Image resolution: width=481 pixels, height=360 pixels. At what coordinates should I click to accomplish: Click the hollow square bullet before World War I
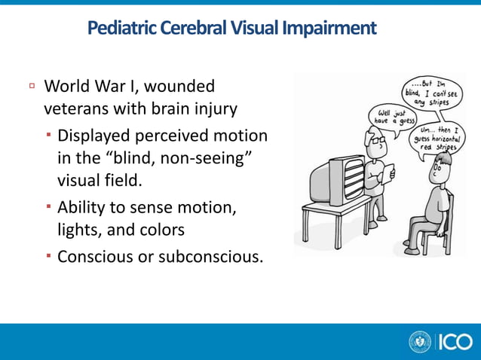[32, 87]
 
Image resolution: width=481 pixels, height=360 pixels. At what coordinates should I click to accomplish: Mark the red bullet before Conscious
[49, 257]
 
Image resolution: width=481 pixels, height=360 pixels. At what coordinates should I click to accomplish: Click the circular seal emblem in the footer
[420, 342]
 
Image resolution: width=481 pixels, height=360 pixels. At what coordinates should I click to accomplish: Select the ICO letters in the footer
[454, 342]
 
